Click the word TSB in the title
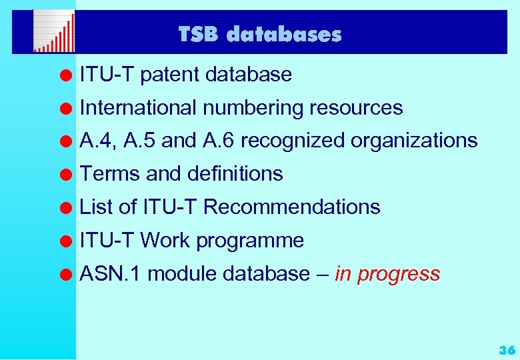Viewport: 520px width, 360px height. tap(199, 34)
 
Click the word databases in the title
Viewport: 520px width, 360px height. tap(284, 34)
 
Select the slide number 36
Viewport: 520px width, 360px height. tap(507, 350)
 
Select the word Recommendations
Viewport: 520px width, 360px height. tap(291, 207)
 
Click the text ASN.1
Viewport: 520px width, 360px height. tap(110, 274)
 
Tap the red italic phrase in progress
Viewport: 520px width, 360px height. tap(387, 274)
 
